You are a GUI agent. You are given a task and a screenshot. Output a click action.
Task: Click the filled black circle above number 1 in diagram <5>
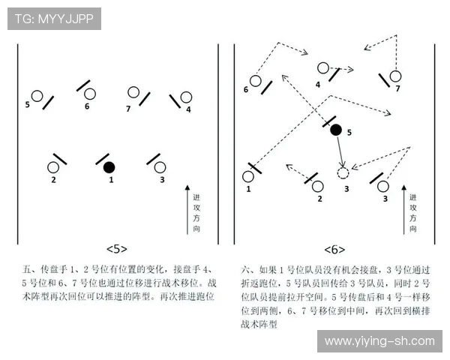pos(109,166)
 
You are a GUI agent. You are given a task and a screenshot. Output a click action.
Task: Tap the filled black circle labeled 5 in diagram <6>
pos(336,130)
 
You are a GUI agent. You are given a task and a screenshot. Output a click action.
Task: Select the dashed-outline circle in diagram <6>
pos(343,173)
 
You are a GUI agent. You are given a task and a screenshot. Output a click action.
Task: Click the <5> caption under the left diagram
pos(116,249)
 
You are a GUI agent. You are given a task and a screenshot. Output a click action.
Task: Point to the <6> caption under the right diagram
pos(334,249)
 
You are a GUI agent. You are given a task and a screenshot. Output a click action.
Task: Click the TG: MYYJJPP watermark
pos(54,19)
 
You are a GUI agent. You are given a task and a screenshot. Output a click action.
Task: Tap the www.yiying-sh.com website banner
pos(379,341)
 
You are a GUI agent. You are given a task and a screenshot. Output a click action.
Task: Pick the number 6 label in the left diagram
pos(87,106)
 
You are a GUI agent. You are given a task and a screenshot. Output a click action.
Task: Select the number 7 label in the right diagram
pos(397,88)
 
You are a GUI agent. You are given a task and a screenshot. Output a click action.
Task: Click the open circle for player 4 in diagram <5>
pos(187,97)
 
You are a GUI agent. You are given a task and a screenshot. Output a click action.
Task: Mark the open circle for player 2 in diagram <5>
pos(54,167)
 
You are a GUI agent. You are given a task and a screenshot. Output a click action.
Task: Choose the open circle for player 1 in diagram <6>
pos(248,177)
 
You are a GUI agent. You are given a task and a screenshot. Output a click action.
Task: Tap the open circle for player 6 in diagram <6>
pos(256,80)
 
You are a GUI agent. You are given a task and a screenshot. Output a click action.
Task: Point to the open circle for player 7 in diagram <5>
pos(133,92)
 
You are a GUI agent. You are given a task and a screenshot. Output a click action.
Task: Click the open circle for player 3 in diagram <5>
pos(162,167)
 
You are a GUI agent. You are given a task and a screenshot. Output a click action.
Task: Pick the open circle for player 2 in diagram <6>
pos(318,186)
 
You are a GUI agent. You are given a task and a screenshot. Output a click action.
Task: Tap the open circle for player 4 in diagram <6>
pos(323,68)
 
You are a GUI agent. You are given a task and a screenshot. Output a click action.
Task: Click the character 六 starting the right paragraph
pos(245,268)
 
